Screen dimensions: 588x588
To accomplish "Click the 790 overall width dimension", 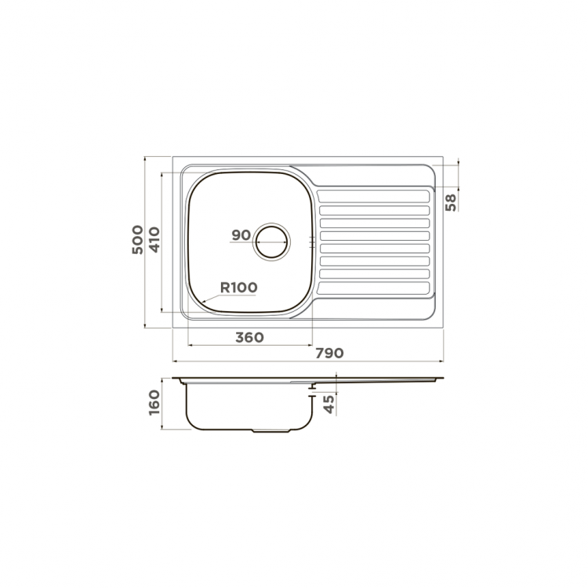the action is point(329,353).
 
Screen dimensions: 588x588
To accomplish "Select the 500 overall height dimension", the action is point(138,240).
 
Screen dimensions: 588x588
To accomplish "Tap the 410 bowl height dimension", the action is point(154,240).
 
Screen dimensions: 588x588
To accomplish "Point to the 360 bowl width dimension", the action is point(249,337).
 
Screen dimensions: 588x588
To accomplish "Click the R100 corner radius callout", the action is point(238,287).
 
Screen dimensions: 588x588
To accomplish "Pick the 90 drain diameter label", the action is point(241,235).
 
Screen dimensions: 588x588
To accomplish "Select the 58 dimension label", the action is point(451,202).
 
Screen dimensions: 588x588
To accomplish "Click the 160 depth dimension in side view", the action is point(154,402).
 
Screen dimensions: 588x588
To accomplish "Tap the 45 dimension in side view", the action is point(328,405).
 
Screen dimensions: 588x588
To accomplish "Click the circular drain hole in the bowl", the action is point(272,241).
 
